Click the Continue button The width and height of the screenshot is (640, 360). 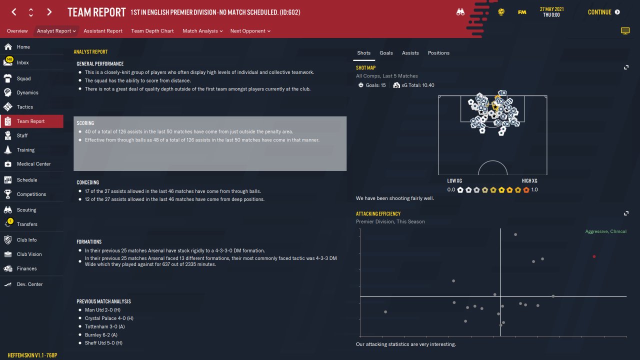pyautogui.click(x=603, y=12)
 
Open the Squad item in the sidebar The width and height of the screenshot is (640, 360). pyautogui.click(x=23, y=78)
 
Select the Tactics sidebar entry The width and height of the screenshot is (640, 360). pyautogui.click(x=24, y=107)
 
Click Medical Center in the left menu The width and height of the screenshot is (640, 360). pyautogui.click(x=33, y=164)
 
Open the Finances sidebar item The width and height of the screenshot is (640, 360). pyautogui.click(x=26, y=268)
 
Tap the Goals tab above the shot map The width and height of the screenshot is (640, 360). pyautogui.click(x=386, y=53)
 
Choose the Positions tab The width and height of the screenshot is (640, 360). pyautogui.click(x=438, y=53)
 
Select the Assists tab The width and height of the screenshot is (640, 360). pyautogui.click(x=410, y=53)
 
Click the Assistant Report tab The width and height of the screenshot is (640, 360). pyautogui.click(x=103, y=31)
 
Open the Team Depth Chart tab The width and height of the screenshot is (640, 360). pyautogui.click(x=152, y=31)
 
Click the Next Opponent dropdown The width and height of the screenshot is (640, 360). pyautogui.click(x=250, y=31)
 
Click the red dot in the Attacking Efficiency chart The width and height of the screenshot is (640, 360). pyautogui.click(x=594, y=256)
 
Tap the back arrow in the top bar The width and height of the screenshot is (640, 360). pyautogui.click(x=14, y=12)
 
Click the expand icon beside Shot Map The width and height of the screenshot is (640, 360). pyautogui.click(x=626, y=67)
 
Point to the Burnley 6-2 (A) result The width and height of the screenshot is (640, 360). pyautogui.click(x=101, y=335)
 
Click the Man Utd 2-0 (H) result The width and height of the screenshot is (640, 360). pyautogui.click(x=102, y=310)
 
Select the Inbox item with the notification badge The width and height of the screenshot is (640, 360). pyautogui.click(x=22, y=62)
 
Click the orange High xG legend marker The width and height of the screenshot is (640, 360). pyautogui.click(x=526, y=189)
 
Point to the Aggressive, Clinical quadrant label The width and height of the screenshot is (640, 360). pyautogui.click(x=605, y=231)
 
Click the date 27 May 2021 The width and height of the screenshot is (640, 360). pyautogui.click(x=551, y=9)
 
